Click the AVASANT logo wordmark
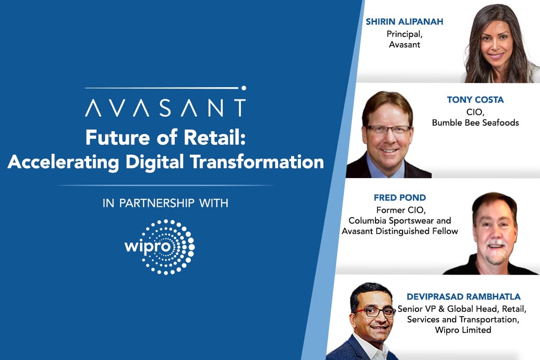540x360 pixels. point(165,107)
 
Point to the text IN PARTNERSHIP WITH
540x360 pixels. point(165,203)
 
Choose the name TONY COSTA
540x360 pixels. point(475,100)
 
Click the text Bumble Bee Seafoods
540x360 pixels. point(475,122)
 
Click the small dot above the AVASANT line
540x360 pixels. point(243,88)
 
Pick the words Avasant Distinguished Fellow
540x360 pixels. point(400,231)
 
